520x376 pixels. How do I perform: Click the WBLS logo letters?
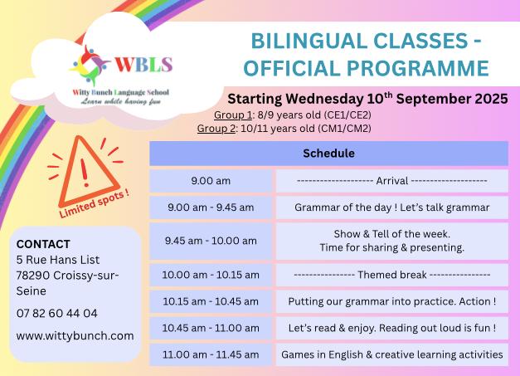tap(143, 65)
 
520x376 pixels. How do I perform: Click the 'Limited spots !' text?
tap(94, 203)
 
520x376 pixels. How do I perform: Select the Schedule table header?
tap(328, 154)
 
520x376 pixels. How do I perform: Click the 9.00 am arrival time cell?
tap(211, 181)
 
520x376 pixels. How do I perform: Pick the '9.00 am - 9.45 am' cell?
tap(211, 208)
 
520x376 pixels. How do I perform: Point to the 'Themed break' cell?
tap(392, 275)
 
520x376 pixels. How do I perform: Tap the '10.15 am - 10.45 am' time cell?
tap(211, 301)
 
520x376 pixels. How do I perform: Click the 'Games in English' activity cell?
tap(392, 354)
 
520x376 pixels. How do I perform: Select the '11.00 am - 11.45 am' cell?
tap(211, 354)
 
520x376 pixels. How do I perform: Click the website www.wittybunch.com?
tap(75, 336)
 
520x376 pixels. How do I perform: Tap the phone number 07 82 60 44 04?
tap(56, 313)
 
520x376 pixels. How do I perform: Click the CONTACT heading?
tap(43, 244)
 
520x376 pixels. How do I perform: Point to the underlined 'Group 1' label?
tap(233, 115)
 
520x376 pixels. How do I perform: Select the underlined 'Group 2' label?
tap(216, 128)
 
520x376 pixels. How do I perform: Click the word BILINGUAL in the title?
tap(309, 42)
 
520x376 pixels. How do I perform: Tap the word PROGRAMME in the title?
tap(417, 68)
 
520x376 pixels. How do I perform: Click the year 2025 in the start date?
tap(492, 99)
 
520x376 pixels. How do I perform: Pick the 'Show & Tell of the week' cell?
tap(392, 242)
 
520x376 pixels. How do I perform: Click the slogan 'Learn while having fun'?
tap(121, 101)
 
